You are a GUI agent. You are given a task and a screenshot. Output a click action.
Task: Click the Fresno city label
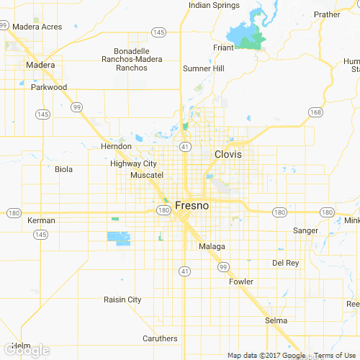[192, 205]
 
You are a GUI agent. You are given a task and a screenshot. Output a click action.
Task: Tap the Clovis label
[228, 154]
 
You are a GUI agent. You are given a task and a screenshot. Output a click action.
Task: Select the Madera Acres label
[37, 27]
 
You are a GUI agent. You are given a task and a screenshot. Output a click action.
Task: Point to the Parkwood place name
[49, 87]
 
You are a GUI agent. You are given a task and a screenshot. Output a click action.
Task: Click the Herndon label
[116, 146]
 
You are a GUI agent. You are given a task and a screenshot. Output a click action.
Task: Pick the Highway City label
[134, 163]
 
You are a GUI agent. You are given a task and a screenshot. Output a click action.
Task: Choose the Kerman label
[41, 220]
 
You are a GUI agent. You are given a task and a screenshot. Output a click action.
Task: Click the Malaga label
[212, 246]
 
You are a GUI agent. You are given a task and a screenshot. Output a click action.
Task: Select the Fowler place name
[241, 282]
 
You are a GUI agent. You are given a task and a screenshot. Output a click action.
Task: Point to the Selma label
[276, 320]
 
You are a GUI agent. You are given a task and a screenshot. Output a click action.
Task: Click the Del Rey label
[286, 263]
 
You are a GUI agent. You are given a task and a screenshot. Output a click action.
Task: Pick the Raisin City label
[122, 300]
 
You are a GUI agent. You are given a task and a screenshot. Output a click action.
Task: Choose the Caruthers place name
[160, 338]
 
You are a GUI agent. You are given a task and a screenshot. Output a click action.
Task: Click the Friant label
[224, 48]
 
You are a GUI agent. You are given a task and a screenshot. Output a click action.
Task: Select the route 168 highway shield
[315, 112]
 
